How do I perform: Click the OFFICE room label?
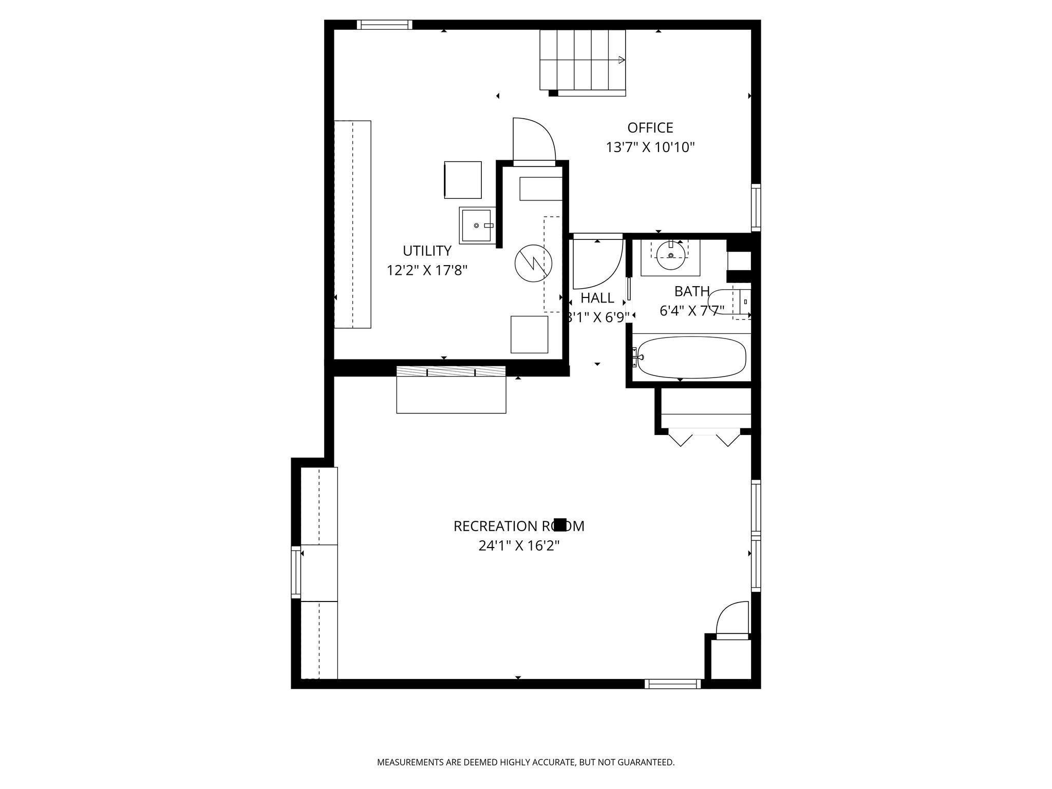click(650, 127)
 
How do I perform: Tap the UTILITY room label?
click(427, 251)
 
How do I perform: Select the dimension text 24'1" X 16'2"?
click(519, 546)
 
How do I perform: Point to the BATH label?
click(692, 291)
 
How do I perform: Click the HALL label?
click(597, 298)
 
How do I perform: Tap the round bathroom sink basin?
click(671, 255)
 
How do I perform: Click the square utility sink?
click(477, 226)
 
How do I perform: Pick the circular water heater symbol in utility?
click(533, 264)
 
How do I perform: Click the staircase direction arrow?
click(622, 60)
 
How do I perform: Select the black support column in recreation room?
click(560, 524)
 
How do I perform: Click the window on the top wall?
click(384, 25)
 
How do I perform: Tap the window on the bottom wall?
click(672, 684)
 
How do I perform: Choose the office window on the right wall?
click(756, 208)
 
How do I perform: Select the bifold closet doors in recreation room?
click(704, 438)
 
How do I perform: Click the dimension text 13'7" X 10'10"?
click(650, 148)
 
